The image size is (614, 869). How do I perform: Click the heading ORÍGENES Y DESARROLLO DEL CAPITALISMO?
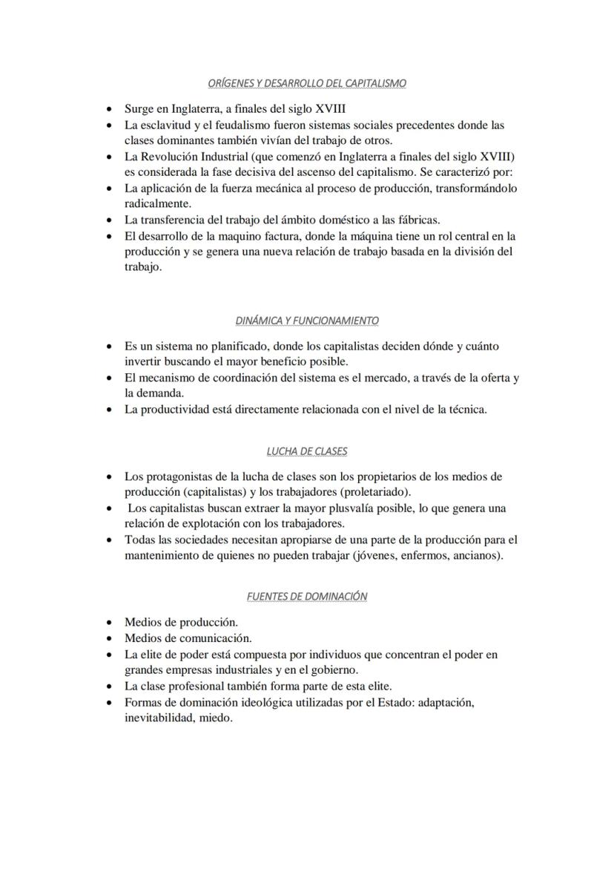[306, 83]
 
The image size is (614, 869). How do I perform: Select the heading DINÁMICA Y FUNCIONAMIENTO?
[306, 321]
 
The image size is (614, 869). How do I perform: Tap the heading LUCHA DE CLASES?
[306, 451]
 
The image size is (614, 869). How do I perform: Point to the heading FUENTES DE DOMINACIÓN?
[306, 596]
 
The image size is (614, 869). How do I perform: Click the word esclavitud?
[165, 125]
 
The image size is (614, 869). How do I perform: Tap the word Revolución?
[174, 157]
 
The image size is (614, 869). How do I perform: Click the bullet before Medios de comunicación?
[110, 638]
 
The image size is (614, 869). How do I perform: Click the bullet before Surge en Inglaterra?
[110, 108]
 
